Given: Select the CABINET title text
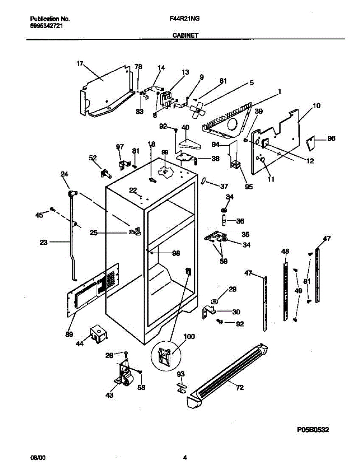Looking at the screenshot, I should tap(185, 35).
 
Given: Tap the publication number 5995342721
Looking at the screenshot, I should tap(47, 26).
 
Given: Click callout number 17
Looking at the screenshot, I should tap(80, 63).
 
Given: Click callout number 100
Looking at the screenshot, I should tap(190, 336).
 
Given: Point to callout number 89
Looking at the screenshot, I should tap(69, 334).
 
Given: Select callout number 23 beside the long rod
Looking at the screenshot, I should tap(44, 242).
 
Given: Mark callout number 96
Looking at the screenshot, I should tap(331, 138).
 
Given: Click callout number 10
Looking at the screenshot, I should tap(316, 105).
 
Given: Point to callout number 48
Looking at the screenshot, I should tap(285, 252).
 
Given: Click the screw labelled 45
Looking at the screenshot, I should tap(53, 210).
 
